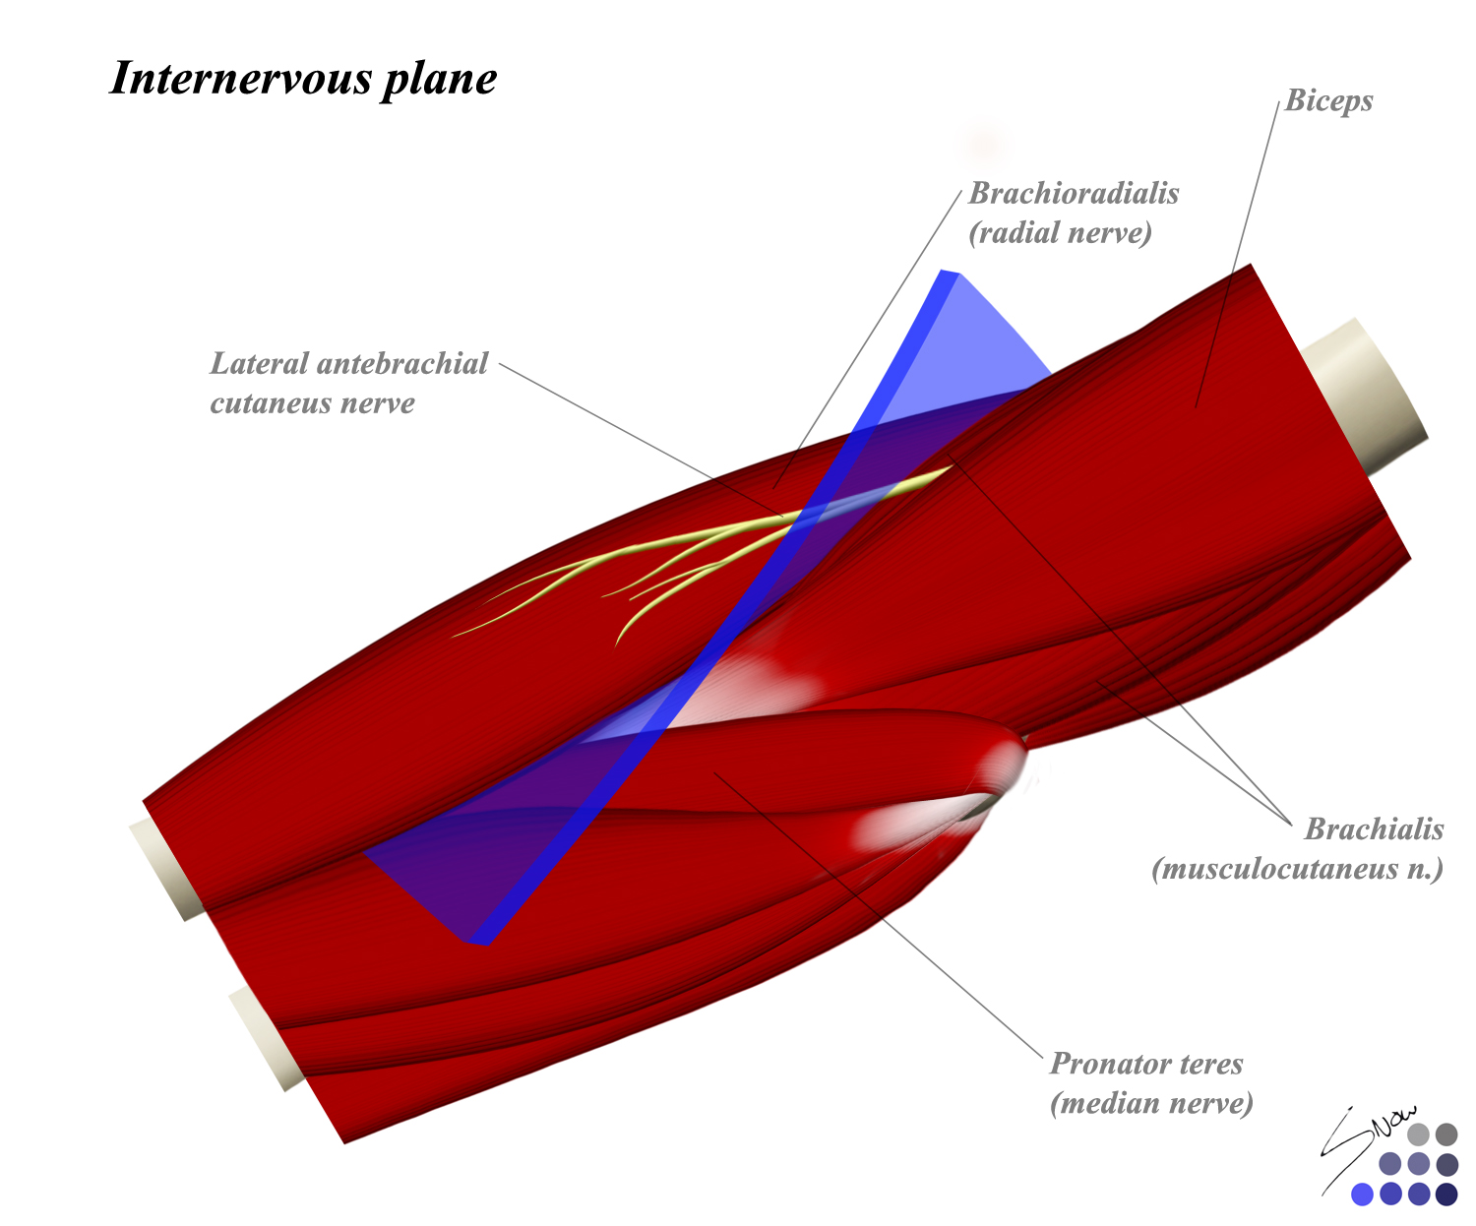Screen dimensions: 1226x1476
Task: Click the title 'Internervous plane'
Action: click(303, 79)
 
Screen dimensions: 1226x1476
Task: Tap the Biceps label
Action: click(1328, 101)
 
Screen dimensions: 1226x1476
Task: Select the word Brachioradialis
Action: click(1074, 193)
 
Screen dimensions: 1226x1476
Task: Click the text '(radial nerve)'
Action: click(1060, 233)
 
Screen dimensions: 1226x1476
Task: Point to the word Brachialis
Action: click(1374, 829)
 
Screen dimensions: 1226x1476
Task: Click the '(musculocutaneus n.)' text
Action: click(1297, 869)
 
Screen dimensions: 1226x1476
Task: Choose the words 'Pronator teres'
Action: click(1146, 1064)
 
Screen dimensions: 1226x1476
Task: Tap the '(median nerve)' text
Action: click(1151, 1103)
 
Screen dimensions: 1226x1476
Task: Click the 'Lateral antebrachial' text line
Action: click(349, 364)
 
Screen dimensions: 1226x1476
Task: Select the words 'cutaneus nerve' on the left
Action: click(312, 403)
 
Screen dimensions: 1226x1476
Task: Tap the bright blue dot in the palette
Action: click(1362, 1195)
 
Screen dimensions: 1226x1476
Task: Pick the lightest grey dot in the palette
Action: click(1418, 1134)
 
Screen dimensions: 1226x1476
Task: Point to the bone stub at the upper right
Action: click(1373, 394)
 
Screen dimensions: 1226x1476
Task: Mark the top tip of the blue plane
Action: click(949, 274)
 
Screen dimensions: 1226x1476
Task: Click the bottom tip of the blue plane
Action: click(479, 941)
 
